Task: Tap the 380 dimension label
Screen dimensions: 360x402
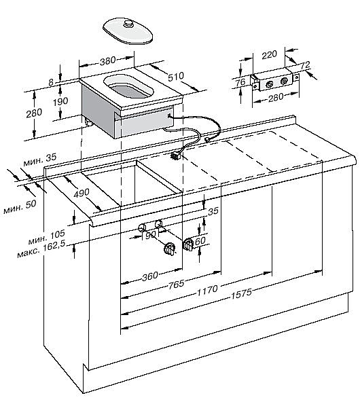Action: [107, 61]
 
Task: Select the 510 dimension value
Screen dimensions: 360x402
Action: [176, 76]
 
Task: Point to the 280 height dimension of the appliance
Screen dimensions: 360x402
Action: [34, 113]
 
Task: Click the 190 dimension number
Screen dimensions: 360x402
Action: [60, 102]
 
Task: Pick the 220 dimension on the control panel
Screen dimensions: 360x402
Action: [269, 54]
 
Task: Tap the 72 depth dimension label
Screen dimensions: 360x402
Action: [305, 65]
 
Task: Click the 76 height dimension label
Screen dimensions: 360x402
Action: [240, 82]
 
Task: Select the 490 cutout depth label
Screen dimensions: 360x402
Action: [82, 193]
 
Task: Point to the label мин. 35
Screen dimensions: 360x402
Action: [40, 159]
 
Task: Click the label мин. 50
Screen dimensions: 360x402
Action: [20, 207]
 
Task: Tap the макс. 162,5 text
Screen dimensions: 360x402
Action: [41, 251]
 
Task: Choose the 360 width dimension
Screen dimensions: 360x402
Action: [150, 276]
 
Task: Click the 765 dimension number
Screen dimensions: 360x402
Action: [177, 284]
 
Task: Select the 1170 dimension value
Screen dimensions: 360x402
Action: [207, 291]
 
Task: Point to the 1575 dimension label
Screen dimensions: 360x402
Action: [242, 293]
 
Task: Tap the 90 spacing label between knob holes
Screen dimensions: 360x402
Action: [151, 235]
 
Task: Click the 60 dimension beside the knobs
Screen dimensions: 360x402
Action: [200, 240]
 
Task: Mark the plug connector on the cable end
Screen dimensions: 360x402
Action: [176, 155]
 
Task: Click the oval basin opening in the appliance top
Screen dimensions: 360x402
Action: [129, 86]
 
